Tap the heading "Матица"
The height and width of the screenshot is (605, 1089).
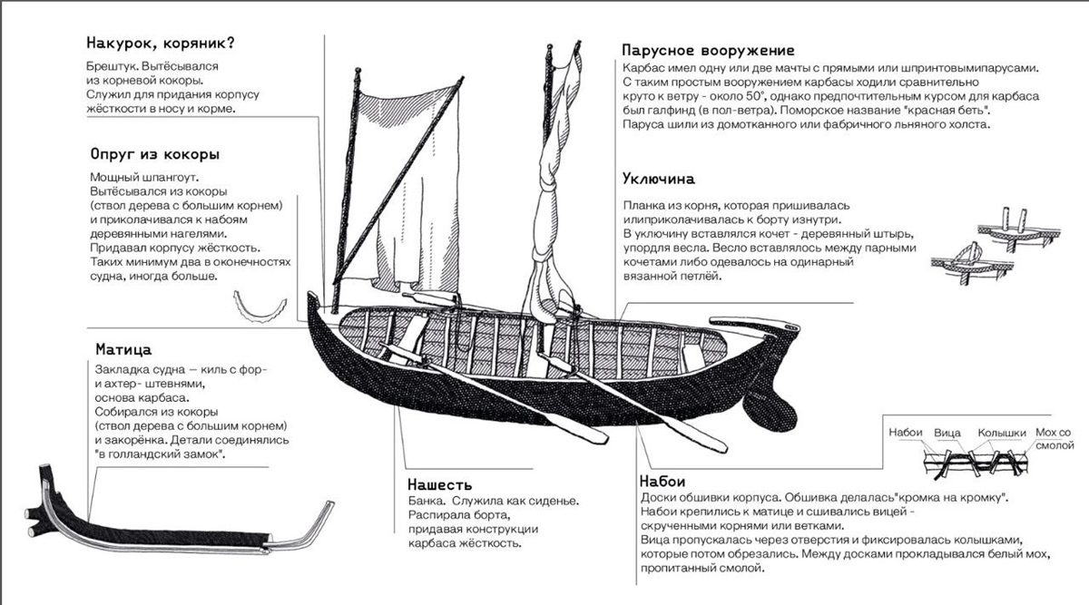(123, 349)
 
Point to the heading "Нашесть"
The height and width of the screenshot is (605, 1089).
(439, 485)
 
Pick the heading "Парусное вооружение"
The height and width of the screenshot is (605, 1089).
(709, 50)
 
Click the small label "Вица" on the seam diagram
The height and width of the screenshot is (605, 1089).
(947, 433)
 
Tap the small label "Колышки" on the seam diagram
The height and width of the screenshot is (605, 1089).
(1001, 433)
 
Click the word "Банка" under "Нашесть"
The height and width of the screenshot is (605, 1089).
(426, 502)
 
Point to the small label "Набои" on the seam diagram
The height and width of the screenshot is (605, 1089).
(906, 433)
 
